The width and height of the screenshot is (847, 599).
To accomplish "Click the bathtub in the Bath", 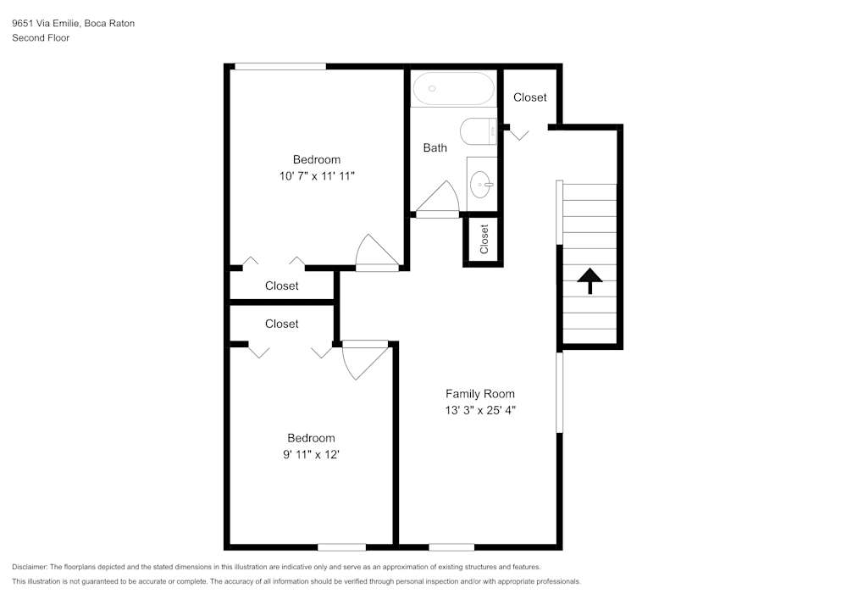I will [x=453, y=88].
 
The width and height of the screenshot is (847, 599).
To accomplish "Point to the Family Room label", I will [x=480, y=394].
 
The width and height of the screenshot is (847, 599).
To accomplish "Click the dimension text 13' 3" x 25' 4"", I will [x=480, y=410].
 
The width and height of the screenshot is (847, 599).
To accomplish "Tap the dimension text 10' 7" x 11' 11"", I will [x=317, y=176].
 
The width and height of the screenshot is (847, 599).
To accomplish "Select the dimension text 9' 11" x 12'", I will [x=311, y=455].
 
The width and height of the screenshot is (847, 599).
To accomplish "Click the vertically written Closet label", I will [x=484, y=239].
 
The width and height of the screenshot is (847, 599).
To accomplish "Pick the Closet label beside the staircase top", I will [x=530, y=97].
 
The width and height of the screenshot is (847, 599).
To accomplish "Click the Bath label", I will [x=435, y=148].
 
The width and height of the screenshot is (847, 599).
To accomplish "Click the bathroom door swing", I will [x=439, y=198].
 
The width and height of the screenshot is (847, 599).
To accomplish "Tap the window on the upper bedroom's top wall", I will [x=280, y=66].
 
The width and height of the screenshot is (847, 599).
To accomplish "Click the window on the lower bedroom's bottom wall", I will [x=341, y=546].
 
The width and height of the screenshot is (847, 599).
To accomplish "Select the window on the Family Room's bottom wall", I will [x=451, y=546].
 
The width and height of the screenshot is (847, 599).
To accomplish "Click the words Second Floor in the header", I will [x=41, y=38].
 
